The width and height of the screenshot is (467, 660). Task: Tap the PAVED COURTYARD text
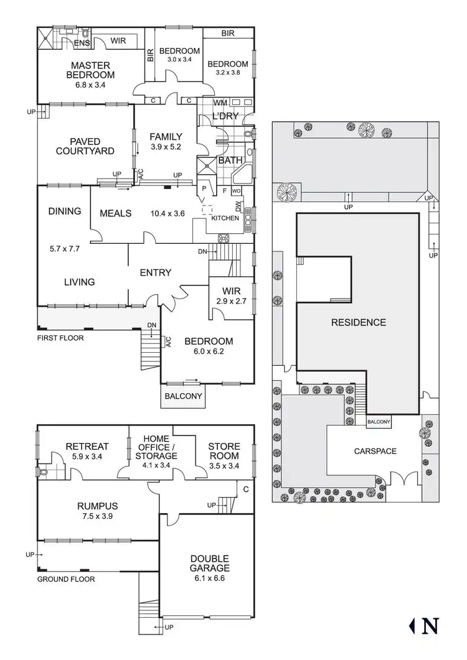pyautogui.click(x=85, y=146)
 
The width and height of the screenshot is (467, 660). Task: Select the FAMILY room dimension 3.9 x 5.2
pyautogui.click(x=166, y=147)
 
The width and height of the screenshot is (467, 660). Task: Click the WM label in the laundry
pyautogui.click(x=220, y=102)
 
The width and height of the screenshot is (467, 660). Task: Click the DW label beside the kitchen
pyautogui.click(x=238, y=206)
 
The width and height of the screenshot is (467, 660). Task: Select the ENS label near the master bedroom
pyautogui.click(x=81, y=43)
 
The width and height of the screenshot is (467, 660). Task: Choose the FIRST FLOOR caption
pyautogui.click(x=60, y=338)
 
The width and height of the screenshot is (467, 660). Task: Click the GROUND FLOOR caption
pyautogui.click(x=66, y=579)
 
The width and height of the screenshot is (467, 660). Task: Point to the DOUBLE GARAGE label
pyautogui.click(x=210, y=563)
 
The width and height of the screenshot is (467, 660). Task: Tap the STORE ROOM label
pyautogui.click(x=224, y=451)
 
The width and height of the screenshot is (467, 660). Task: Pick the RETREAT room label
pyautogui.click(x=87, y=446)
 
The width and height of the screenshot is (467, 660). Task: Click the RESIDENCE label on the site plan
pyautogui.click(x=358, y=322)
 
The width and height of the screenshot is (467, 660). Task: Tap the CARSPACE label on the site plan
pyautogui.click(x=375, y=451)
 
